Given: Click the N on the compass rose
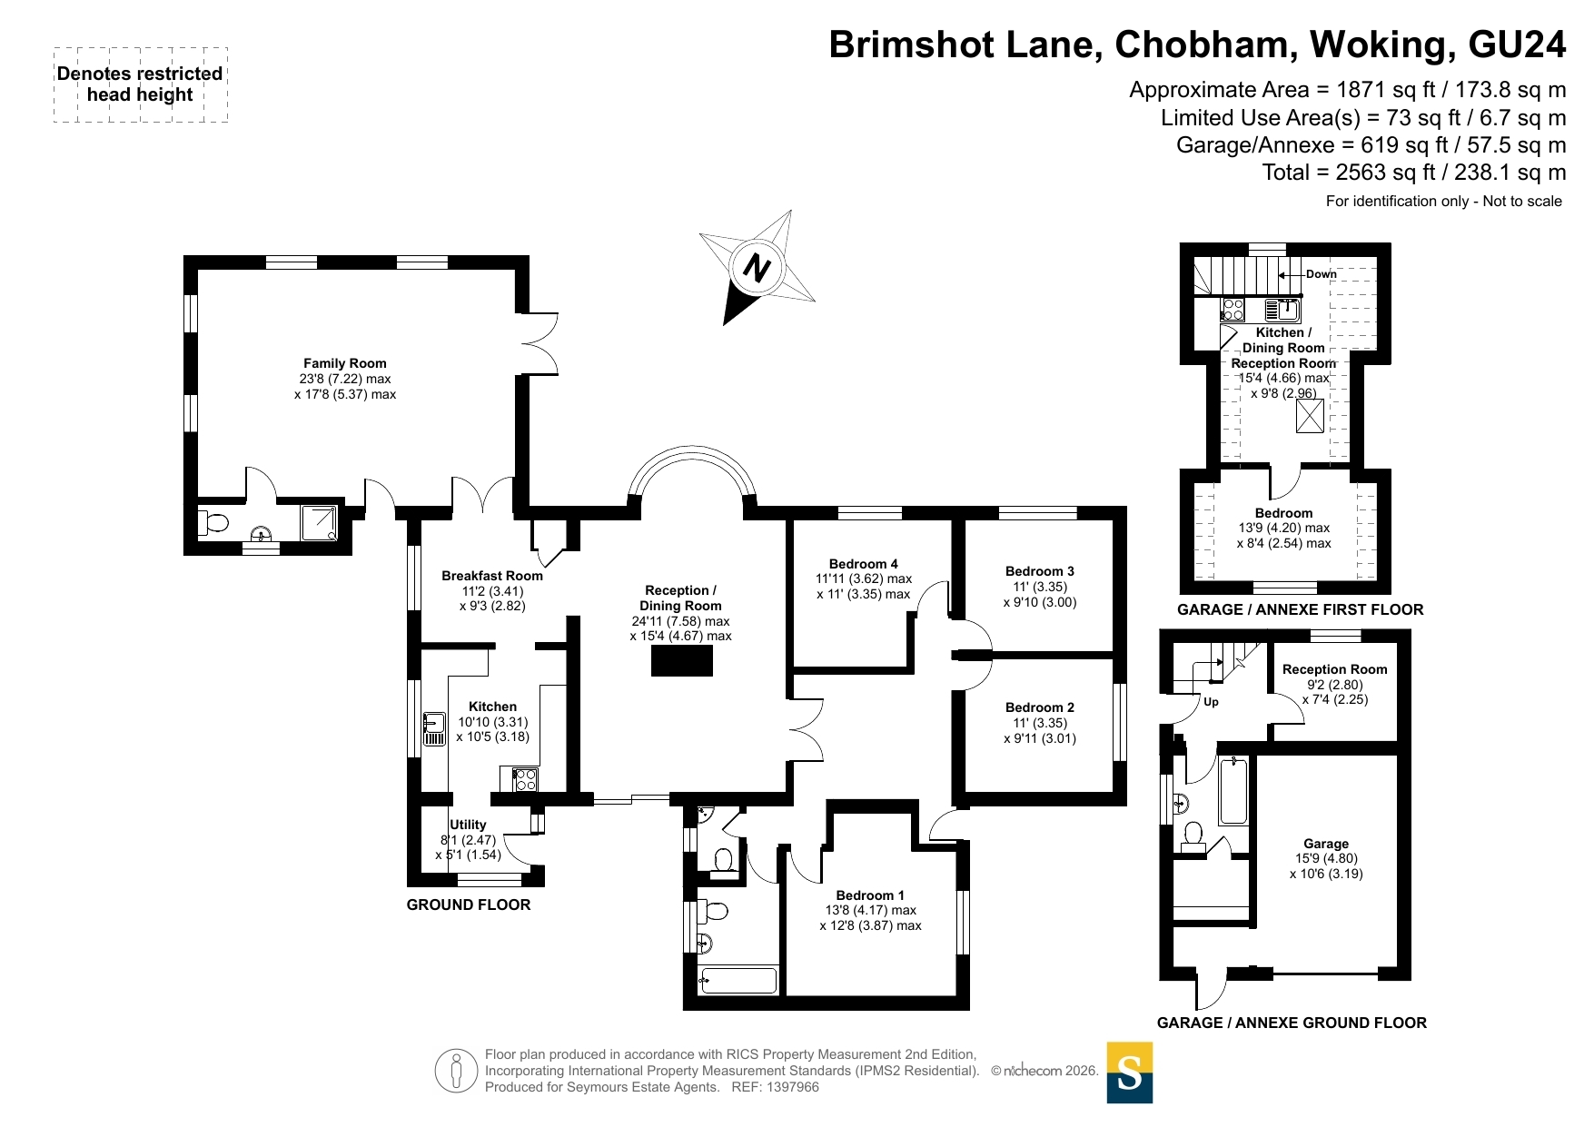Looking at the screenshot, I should click(757, 267).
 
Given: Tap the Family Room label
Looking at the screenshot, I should click(344, 363).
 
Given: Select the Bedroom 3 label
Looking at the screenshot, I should click(1039, 571).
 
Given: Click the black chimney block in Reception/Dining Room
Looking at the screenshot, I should click(681, 660).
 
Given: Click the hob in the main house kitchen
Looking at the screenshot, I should click(525, 779).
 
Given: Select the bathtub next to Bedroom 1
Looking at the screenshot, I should click(737, 980).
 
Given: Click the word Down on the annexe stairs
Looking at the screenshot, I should click(1321, 274).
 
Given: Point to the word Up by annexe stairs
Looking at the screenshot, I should click(1211, 702).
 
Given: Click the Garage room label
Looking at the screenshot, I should click(1325, 844).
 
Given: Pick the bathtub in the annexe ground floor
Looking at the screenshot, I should click(1233, 789).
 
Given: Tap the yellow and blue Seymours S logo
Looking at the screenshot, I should click(1129, 1073).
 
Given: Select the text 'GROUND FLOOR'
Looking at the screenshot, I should click(468, 905).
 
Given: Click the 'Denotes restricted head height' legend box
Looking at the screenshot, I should click(140, 84).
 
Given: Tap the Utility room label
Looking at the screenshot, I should click(468, 825).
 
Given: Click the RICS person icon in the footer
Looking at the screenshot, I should click(456, 1071).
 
